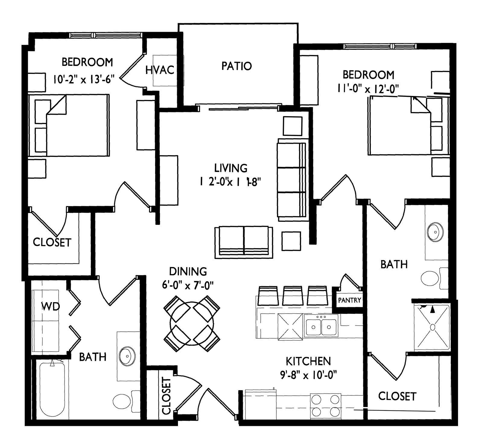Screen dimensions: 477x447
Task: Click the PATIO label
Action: coord(237,66)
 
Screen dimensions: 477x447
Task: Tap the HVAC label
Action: coord(160,70)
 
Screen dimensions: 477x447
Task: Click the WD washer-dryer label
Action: coord(50,307)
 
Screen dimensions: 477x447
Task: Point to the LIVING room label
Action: coord(231,168)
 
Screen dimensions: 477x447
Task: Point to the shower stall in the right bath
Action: coord(432,327)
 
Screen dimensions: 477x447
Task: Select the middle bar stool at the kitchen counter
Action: coord(293,296)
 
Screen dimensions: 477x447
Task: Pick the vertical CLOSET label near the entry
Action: coord(167,395)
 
